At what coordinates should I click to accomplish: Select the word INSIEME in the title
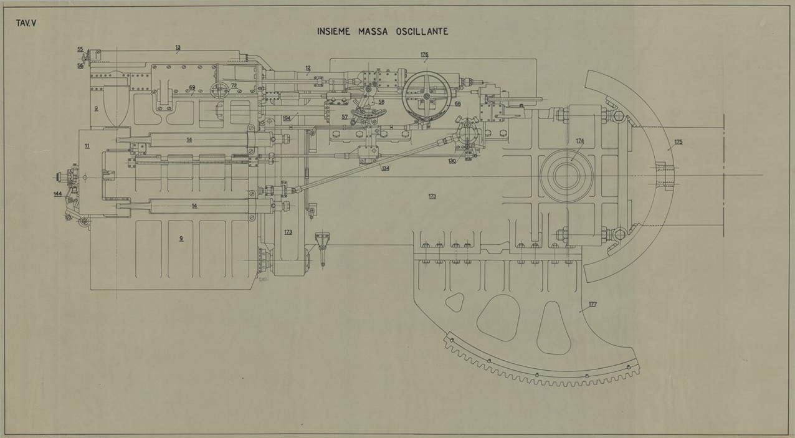click(337, 31)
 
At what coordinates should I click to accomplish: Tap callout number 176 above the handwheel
click(424, 55)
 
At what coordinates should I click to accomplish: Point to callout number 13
click(178, 47)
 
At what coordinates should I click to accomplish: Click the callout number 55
click(80, 49)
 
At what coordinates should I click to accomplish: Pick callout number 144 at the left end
click(57, 194)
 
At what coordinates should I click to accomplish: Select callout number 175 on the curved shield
click(678, 142)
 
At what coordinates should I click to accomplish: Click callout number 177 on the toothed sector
click(592, 304)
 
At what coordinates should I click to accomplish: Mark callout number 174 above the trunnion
click(579, 141)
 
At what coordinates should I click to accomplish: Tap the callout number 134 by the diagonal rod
click(386, 168)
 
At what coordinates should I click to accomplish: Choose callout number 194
click(286, 118)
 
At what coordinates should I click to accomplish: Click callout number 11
click(87, 146)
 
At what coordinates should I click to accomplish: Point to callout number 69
click(192, 88)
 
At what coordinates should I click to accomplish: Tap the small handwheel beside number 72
click(219, 90)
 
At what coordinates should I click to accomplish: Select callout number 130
click(452, 161)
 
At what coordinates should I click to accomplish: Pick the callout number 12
click(308, 67)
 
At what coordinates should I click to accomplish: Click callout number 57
click(345, 117)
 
